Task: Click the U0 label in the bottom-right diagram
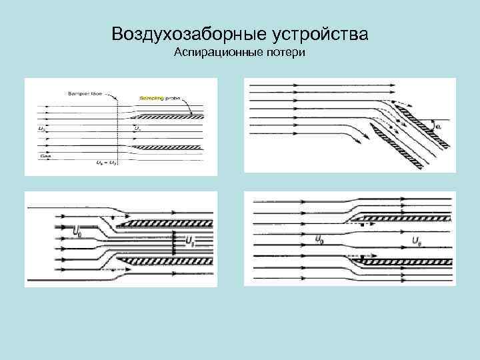pyautogui.click(x=320, y=237)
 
